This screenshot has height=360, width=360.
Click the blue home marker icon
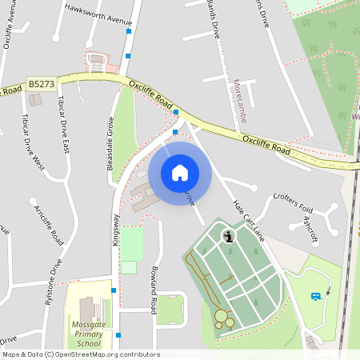(x=180, y=173)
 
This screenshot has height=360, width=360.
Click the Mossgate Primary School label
(x=84, y=335)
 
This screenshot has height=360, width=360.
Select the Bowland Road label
(x=153, y=288)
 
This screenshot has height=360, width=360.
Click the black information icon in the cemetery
(x=230, y=236)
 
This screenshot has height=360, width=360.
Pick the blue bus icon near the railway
(x=315, y=296)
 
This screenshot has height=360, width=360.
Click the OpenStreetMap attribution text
(x=80, y=354)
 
